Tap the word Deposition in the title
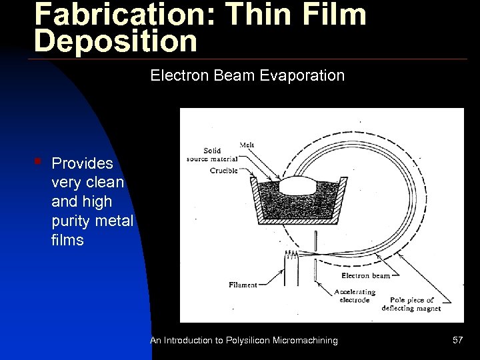click(116, 41)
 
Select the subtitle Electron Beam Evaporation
click(247, 75)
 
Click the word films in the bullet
click(67, 239)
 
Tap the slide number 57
click(457, 340)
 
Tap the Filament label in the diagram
click(242, 285)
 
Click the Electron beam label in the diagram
click(365, 275)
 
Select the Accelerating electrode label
click(355, 296)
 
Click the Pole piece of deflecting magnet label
click(407, 304)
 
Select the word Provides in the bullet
click(82, 163)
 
